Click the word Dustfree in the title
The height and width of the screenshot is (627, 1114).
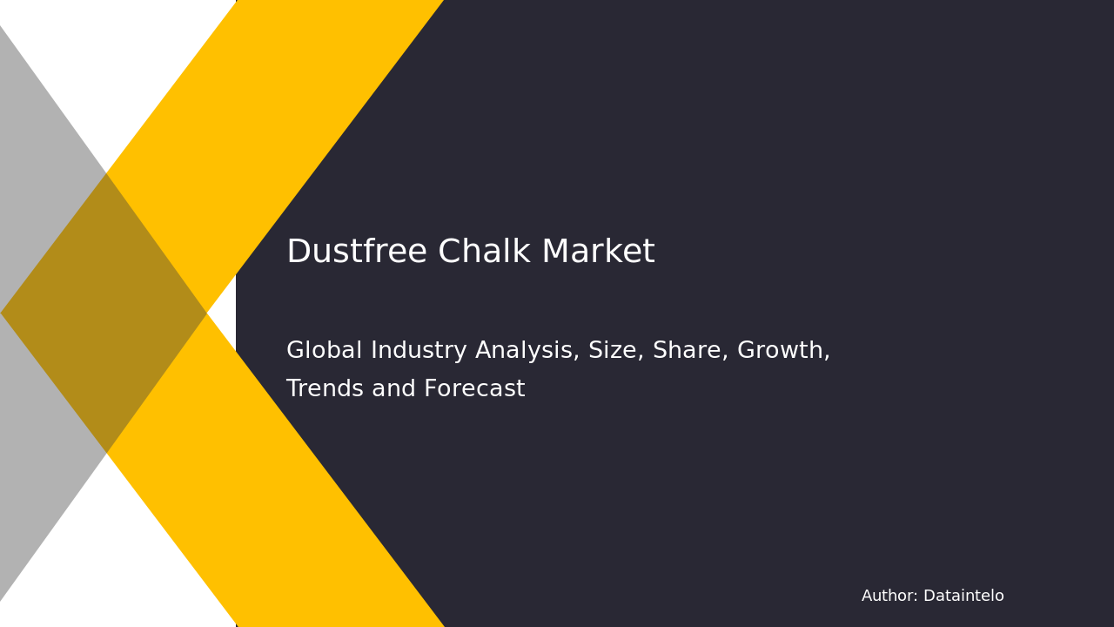[x=357, y=253]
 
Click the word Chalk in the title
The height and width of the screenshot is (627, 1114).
[x=484, y=253]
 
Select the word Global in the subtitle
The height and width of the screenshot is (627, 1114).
[x=325, y=351]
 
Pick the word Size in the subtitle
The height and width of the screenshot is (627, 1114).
[x=612, y=351]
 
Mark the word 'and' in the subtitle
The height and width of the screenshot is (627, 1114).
[x=393, y=389]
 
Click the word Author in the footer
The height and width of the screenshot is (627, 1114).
[x=889, y=597]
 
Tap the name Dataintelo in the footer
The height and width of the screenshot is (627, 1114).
[x=963, y=597]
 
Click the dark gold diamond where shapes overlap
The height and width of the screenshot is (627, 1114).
[x=104, y=313]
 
